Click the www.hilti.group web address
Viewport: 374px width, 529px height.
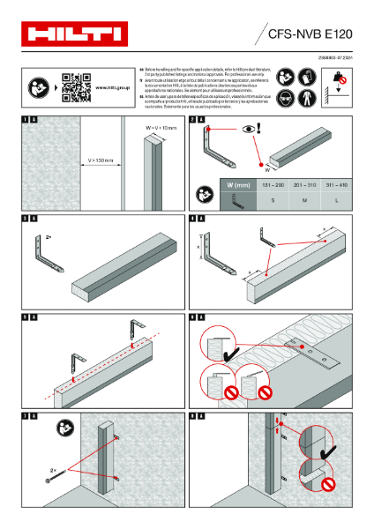pos(111,87)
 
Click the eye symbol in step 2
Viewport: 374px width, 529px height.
pos(251,129)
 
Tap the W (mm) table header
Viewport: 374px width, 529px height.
pos(239,185)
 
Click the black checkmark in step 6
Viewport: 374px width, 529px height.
pos(236,354)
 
